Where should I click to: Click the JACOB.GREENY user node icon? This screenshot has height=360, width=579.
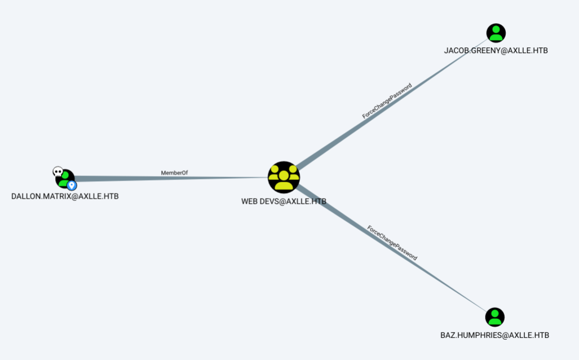(x=496, y=33)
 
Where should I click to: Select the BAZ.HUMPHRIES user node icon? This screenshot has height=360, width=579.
(x=494, y=317)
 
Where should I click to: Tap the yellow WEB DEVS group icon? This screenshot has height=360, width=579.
(x=284, y=177)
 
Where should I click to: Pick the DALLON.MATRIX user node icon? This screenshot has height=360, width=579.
(x=66, y=178)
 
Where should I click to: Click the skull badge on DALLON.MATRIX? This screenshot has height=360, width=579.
(x=58, y=171)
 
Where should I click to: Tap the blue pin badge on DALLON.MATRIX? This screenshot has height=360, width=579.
(x=72, y=185)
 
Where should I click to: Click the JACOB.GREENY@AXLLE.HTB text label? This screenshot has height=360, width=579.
(x=496, y=51)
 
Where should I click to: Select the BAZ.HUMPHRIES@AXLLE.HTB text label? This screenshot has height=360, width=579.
(x=494, y=335)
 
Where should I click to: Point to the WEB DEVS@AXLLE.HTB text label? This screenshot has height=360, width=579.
(x=284, y=201)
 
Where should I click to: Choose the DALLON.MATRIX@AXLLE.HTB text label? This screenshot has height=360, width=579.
(x=65, y=196)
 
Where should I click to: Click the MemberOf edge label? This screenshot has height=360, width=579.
(x=174, y=173)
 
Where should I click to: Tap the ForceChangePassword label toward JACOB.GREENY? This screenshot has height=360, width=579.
(x=387, y=100)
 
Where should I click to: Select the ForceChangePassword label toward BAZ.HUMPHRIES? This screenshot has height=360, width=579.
(x=392, y=243)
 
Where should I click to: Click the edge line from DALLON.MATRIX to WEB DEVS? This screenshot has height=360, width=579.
(x=169, y=178)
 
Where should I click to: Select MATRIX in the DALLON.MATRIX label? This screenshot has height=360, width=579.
(x=58, y=196)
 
